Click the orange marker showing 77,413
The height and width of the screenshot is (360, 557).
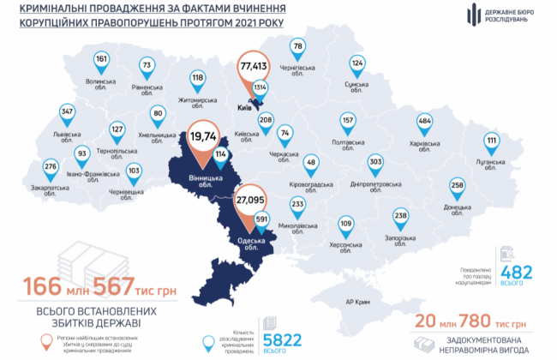click(255, 66)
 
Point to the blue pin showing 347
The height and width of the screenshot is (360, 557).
click(67, 113)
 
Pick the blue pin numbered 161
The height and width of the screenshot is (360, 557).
click(102, 60)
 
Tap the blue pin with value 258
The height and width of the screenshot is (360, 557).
click(458, 187)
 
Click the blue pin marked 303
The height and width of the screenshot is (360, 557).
click(375, 162)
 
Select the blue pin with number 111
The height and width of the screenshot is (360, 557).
click(491, 141)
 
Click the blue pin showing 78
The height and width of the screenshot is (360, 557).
click(298, 47)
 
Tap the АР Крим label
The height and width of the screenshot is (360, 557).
click(356, 302)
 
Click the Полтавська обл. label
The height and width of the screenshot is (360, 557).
click(347, 143)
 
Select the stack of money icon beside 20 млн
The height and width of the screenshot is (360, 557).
click(426, 342)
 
